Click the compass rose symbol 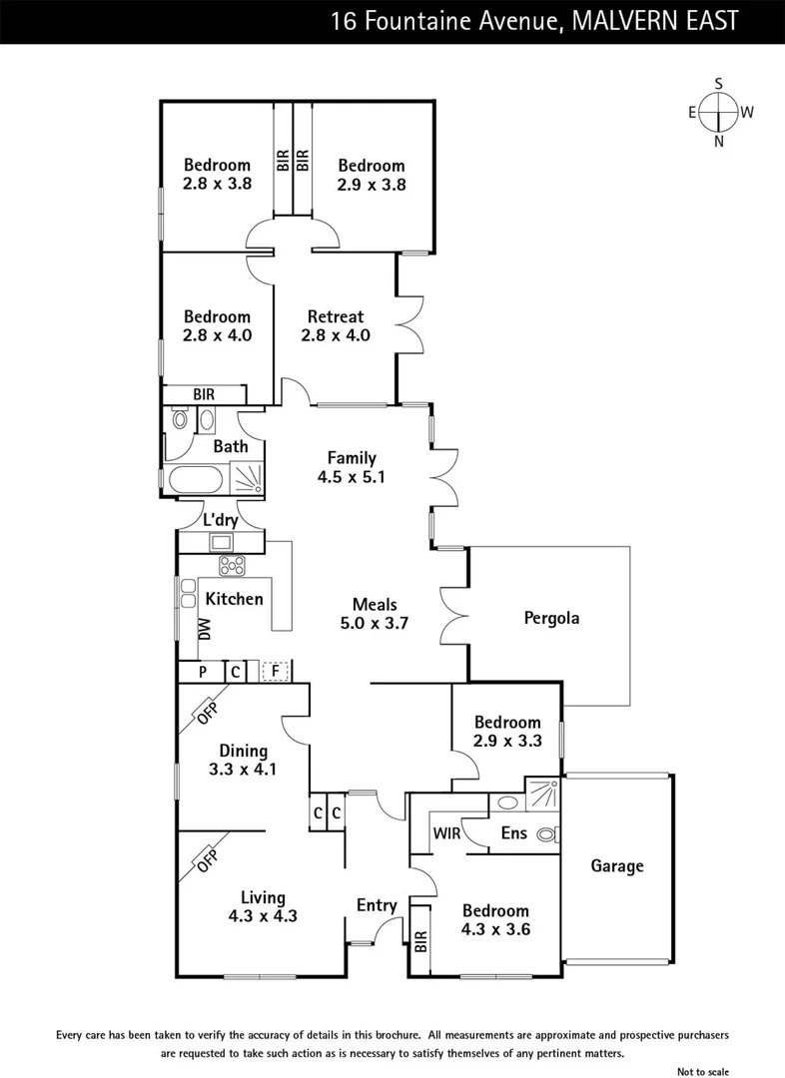tap(719, 112)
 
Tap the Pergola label tap(551, 618)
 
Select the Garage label tap(617, 866)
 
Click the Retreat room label tap(336, 317)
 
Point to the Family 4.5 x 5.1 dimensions tap(352, 477)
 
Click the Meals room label tap(375, 605)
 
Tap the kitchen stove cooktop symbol tap(232, 566)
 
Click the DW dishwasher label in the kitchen tap(205, 630)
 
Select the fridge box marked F tap(276, 671)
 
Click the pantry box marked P tap(203, 672)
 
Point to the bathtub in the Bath tap(196, 479)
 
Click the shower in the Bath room tap(247, 477)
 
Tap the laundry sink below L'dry tap(222, 542)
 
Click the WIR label tap(446, 833)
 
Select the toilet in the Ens tap(548, 834)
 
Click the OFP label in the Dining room tap(207, 713)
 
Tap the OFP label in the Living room tap(207, 860)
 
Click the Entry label tap(377, 905)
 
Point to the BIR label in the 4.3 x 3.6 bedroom tap(421, 941)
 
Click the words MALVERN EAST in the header tap(655, 21)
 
